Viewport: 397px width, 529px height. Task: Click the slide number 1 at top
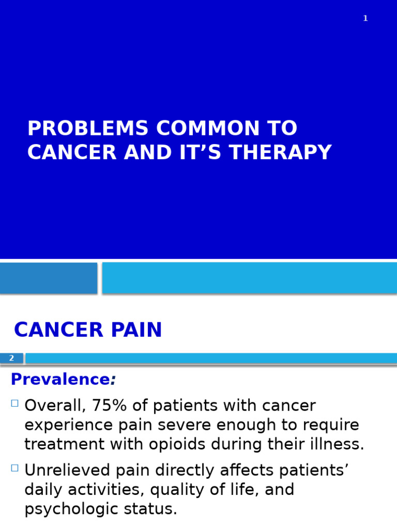click(x=365, y=19)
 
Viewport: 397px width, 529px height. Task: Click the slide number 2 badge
click(x=11, y=358)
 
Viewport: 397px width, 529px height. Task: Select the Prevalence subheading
click(x=60, y=380)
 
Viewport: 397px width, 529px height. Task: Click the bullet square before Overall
click(x=14, y=403)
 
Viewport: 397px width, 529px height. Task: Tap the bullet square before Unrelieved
click(x=14, y=468)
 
